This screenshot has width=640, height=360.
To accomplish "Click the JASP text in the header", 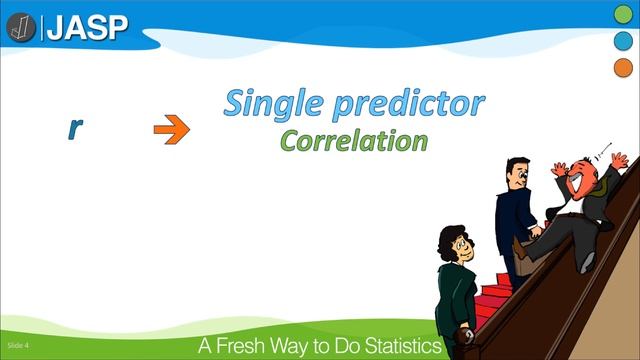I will coord(90,26).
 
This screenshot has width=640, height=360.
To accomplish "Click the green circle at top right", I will coord(622,14).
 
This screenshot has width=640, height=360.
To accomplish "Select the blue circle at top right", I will coord(622,41).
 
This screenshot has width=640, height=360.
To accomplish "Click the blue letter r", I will coord(74,127).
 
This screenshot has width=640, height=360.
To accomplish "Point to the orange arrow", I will coord(171,128).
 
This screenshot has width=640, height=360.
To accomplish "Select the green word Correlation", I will coord(353,140).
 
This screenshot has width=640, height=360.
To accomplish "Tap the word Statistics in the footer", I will coord(401,346).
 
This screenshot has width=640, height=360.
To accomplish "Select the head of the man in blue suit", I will coord(516,176).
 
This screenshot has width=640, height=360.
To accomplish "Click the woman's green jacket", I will coord(455,300).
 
